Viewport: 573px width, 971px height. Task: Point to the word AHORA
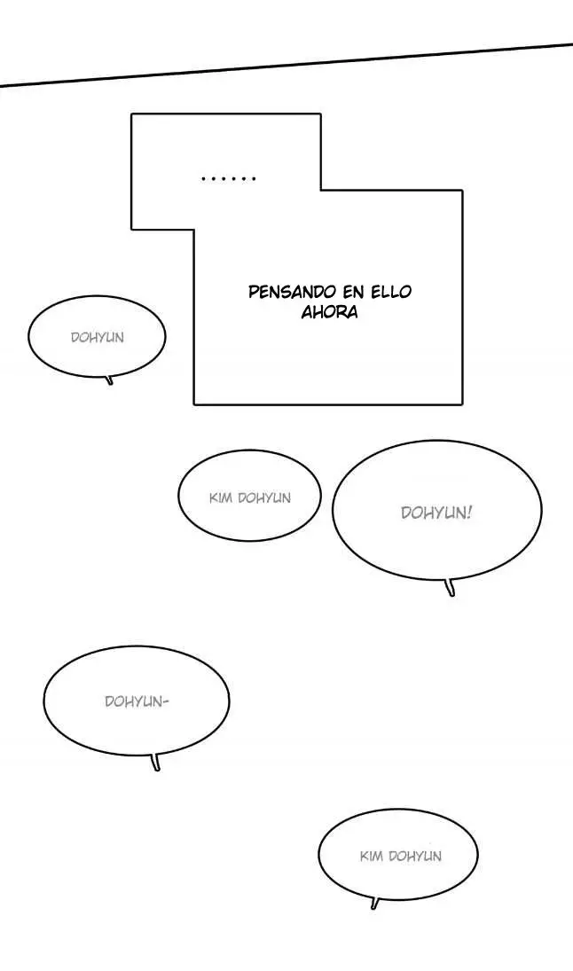point(330,311)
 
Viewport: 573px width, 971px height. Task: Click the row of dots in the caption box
point(229,179)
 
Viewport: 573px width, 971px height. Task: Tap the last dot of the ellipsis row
point(254,179)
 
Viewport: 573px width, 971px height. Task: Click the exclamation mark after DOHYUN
point(469,513)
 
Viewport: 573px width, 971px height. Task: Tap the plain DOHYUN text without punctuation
point(98,338)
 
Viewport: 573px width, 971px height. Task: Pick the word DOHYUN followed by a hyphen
point(132,701)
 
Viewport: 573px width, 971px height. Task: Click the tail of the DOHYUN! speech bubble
point(451,587)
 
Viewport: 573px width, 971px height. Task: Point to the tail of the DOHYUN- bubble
point(155,763)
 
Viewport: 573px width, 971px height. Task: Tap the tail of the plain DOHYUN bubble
point(110,380)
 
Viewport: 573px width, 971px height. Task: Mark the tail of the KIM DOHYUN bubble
point(374,903)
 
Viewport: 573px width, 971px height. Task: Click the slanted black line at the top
point(286,65)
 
